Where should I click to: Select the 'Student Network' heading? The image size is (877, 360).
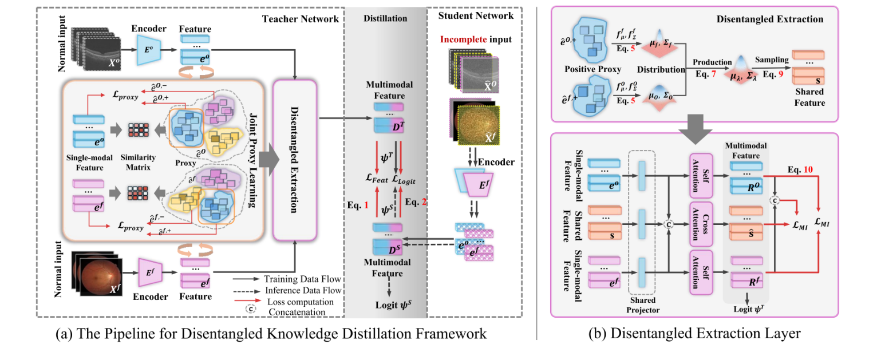pyautogui.click(x=476, y=15)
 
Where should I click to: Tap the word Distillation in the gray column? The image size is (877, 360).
pyautogui.click(x=385, y=18)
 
